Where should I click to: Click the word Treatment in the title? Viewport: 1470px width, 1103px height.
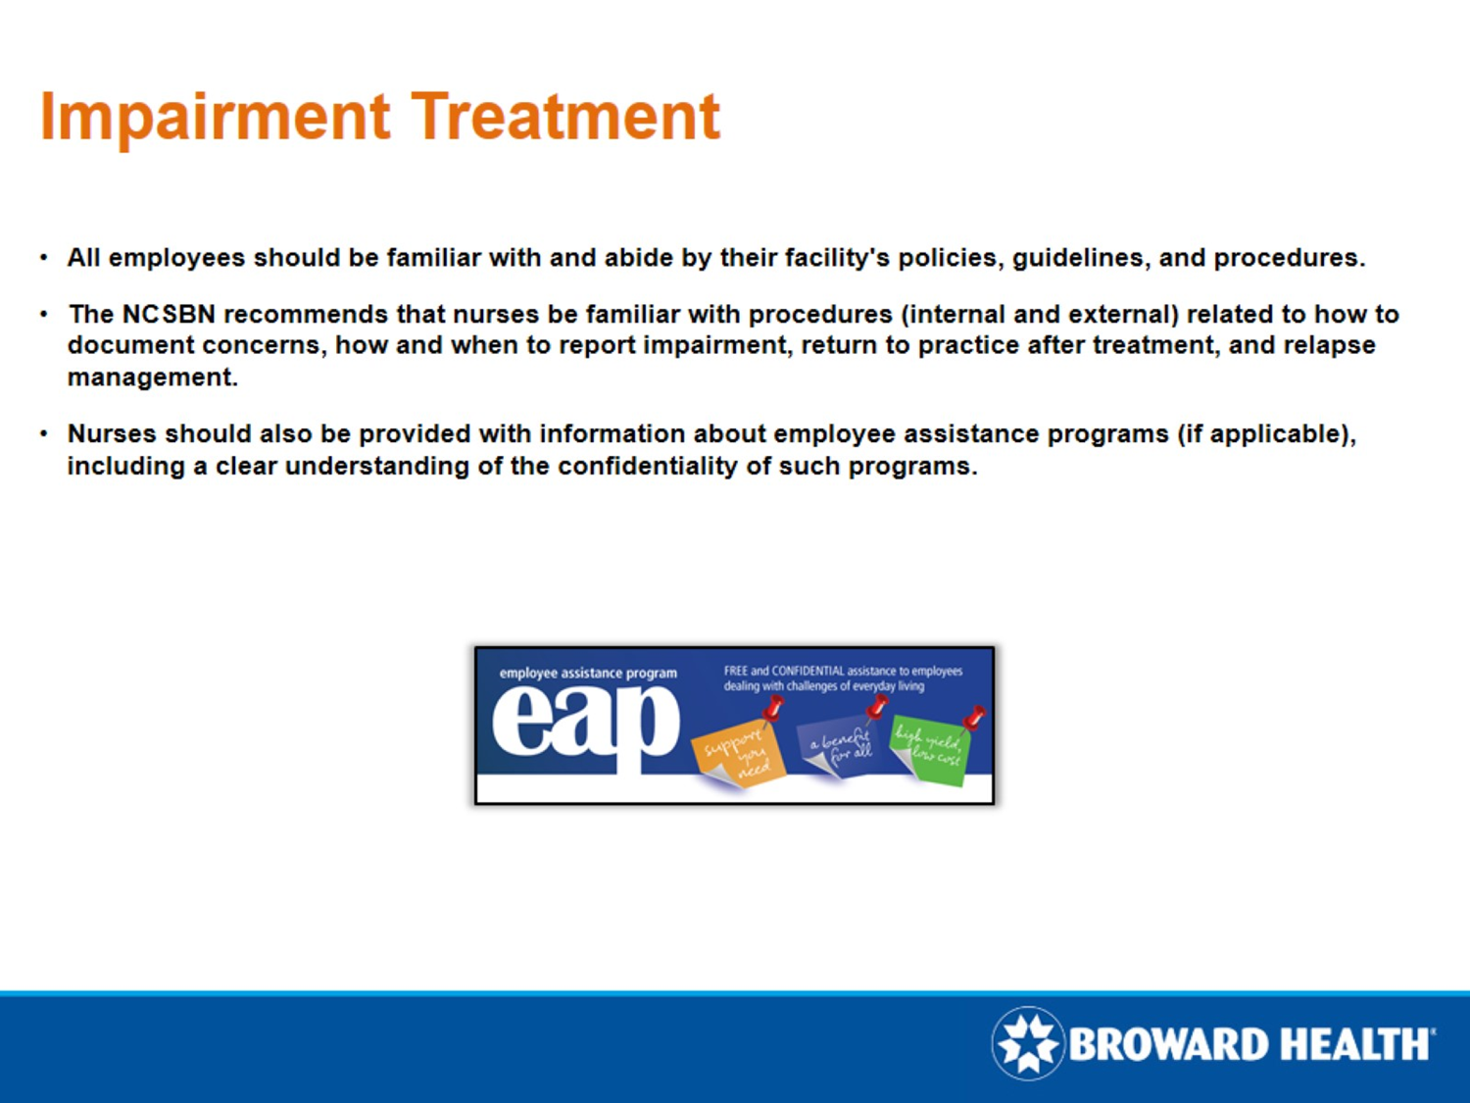pyautogui.click(x=565, y=118)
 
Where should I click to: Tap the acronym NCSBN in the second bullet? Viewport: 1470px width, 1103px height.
pyautogui.click(x=168, y=314)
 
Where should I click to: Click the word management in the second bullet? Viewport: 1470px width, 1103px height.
pyautogui.click(x=151, y=377)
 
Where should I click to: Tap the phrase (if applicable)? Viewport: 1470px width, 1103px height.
pyautogui.click(x=1266, y=433)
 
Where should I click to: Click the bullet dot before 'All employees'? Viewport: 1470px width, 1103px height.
pyautogui.click(x=44, y=258)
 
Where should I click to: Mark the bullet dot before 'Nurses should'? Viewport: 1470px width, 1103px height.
pyautogui.click(x=44, y=433)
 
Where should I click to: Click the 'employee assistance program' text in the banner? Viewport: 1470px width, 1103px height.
pyautogui.click(x=588, y=673)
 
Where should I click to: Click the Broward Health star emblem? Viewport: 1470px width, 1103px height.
pyautogui.click(x=1027, y=1043)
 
